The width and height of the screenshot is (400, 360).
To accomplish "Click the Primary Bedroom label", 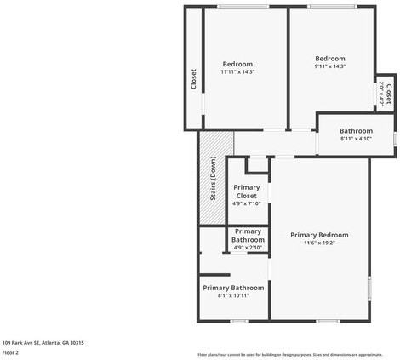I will pyautogui.click(x=319, y=235).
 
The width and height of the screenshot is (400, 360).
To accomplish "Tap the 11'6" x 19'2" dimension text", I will pyautogui.click(x=319, y=243).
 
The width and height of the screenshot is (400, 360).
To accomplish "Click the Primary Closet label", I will pyautogui.click(x=246, y=191).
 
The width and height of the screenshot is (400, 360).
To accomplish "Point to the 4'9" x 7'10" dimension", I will pyautogui.click(x=246, y=204).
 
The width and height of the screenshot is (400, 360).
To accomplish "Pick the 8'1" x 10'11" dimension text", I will pyautogui.click(x=233, y=296).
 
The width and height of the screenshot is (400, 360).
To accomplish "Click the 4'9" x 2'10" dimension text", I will pyautogui.click(x=248, y=248).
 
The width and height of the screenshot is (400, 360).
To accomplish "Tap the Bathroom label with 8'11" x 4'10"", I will pyautogui.click(x=356, y=131).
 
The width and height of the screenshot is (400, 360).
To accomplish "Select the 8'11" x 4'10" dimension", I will pyautogui.click(x=356, y=139).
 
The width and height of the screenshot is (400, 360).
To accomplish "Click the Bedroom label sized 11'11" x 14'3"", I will pyautogui.click(x=237, y=65).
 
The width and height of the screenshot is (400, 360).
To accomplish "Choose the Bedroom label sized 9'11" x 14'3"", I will pyautogui.click(x=329, y=59).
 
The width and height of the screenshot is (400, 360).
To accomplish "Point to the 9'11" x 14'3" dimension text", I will pyautogui.click(x=329, y=66).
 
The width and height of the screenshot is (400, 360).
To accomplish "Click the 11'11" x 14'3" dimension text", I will pyautogui.click(x=237, y=72).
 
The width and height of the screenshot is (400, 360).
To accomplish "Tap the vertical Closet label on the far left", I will pyautogui.click(x=193, y=79).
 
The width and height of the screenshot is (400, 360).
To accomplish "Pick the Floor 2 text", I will pyautogui.click(x=10, y=352).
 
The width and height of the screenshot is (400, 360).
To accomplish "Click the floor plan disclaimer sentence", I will pyautogui.click(x=289, y=354).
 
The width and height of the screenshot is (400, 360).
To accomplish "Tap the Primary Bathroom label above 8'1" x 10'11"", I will pyautogui.click(x=233, y=288).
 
